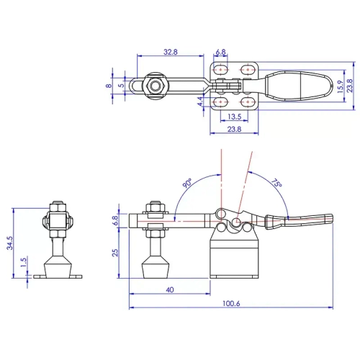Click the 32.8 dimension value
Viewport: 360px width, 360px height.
coord(171,53)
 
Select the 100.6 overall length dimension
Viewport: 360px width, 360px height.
coord(231,303)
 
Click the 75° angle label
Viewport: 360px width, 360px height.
coord(276,184)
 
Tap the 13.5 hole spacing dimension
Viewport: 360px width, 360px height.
coord(234,117)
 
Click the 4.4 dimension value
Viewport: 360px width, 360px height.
coord(200,102)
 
